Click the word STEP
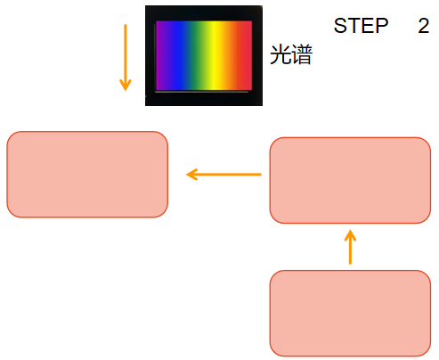click(x=361, y=26)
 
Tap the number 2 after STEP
click(x=423, y=26)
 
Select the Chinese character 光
click(x=280, y=54)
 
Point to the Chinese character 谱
click(x=302, y=54)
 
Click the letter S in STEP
click(x=341, y=26)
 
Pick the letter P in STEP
click(x=382, y=26)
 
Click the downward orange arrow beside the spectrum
click(x=126, y=57)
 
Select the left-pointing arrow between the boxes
click(x=224, y=175)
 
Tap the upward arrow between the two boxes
click(x=350, y=247)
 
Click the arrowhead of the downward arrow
click(x=126, y=86)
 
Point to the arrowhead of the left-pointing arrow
click(x=191, y=175)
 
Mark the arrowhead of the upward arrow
click(x=350, y=235)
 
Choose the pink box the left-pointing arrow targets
click(x=87, y=175)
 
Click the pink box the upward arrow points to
click(x=350, y=180)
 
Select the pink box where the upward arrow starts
click(x=350, y=313)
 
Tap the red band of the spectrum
click(x=245, y=55)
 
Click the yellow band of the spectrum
click(x=215, y=55)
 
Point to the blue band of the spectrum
click(x=176, y=55)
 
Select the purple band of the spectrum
click(x=161, y=55)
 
